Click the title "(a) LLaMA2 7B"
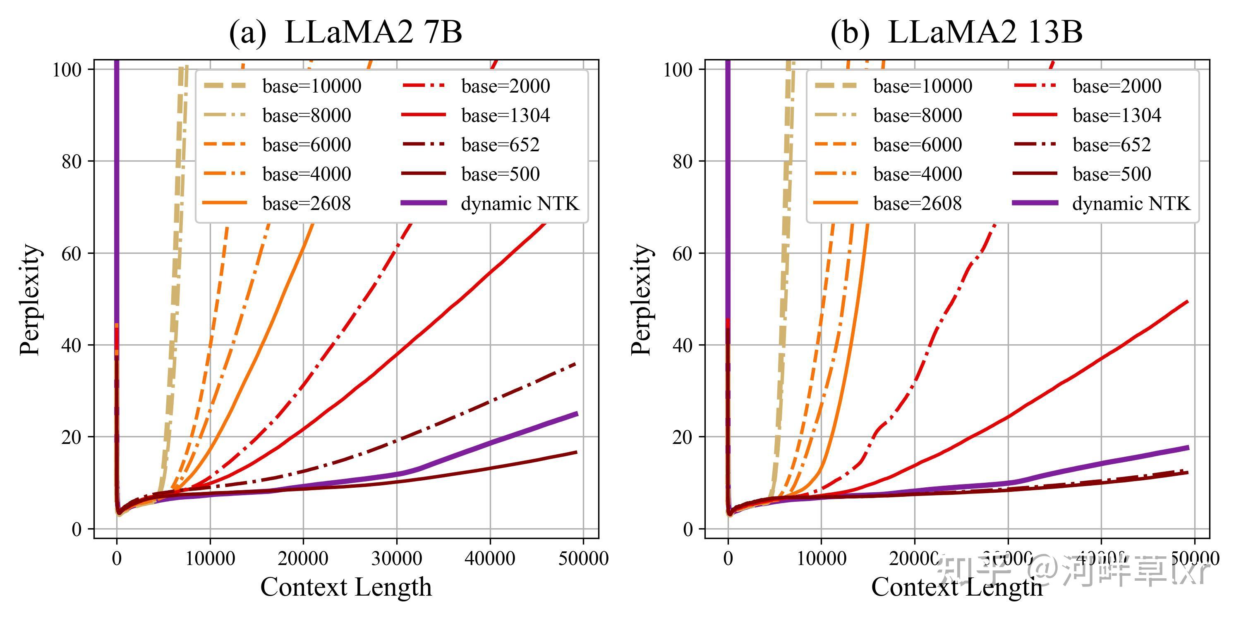(345, 33)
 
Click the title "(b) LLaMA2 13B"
(956, 33)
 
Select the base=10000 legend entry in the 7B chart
(311, 86)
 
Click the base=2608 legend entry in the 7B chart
(307, 204)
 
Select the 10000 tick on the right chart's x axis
(822, 558)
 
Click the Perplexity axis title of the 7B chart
(30, 299)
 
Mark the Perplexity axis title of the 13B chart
(641, 299)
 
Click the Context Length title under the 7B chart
(346, 587)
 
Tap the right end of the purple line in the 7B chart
(577, 414)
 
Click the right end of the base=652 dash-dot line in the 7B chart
(576, 364)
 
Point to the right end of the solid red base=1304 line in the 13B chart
(1188, 301)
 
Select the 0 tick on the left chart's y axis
(77, 529)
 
